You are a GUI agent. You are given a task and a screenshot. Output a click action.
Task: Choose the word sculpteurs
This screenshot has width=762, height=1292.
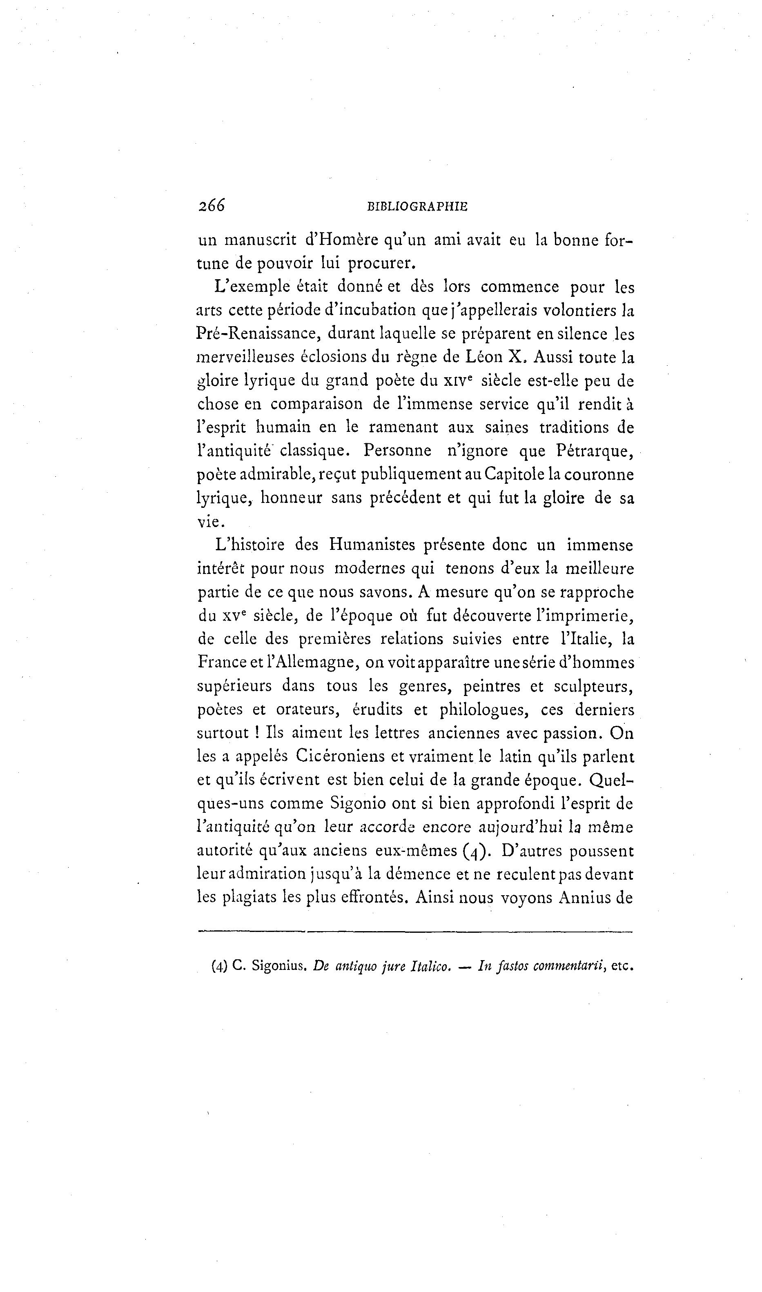point(591,686)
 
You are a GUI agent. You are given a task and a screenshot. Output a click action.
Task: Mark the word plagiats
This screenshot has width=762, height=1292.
point(250,897)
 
